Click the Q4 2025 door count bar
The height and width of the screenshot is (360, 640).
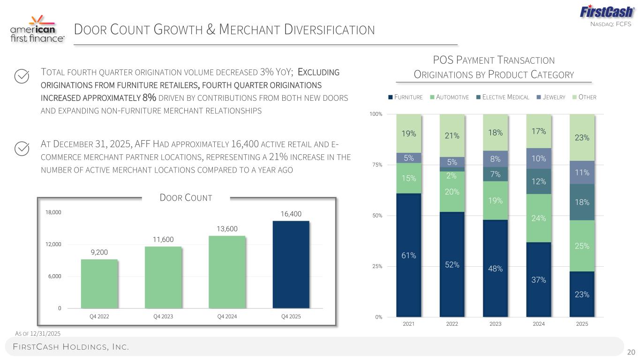(x=291, y=264)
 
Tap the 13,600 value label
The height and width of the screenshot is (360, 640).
(x=227, y=229)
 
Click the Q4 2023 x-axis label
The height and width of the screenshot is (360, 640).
(x=163, y=316)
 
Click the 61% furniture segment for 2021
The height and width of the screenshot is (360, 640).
(x=408, y=255)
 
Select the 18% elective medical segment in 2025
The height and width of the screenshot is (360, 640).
(x=582, y=202)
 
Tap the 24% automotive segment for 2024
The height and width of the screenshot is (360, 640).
(x=539, y=218)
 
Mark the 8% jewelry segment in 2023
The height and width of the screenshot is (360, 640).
(x=495, y=159)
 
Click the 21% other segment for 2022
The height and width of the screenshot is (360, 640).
(x=452, y=135)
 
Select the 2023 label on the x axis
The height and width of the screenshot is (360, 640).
(x=495, y=324)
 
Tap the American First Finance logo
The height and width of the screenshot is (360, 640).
(x=38, y=29)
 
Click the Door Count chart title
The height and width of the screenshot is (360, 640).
(x=186, y=198)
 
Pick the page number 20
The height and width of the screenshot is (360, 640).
(x=631, y=352)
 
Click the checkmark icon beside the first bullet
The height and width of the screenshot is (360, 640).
(x=22, y=76)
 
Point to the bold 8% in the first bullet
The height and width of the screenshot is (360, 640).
(x=149, y=97)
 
